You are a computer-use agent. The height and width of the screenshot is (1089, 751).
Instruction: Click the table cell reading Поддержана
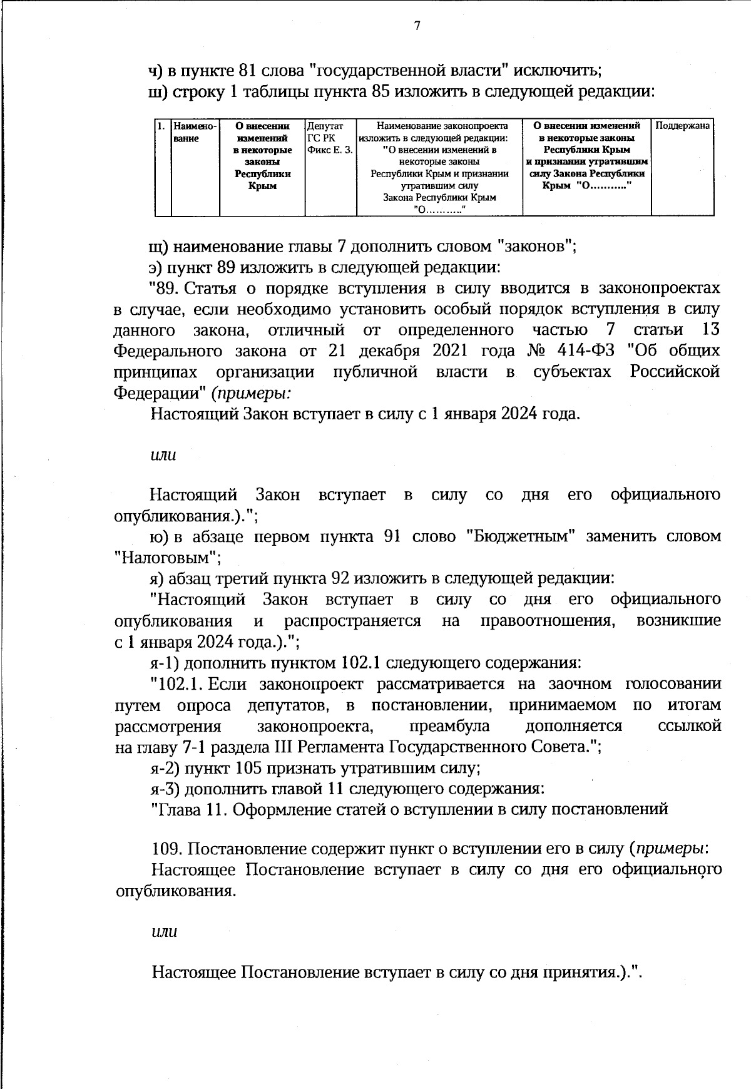(x=682, y=126)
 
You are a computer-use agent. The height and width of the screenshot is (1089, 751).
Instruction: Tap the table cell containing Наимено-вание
(x=195, y=132)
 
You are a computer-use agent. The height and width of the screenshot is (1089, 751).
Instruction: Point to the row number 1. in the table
(x=161, y=126)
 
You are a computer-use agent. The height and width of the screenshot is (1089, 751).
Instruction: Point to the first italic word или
(x=163, y=455)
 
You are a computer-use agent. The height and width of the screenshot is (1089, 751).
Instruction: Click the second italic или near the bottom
(x=165, y=931)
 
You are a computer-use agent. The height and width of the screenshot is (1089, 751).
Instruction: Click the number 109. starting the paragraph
(x=168, y=849)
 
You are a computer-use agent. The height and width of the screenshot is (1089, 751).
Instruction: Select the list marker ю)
(x=160, y=536)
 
